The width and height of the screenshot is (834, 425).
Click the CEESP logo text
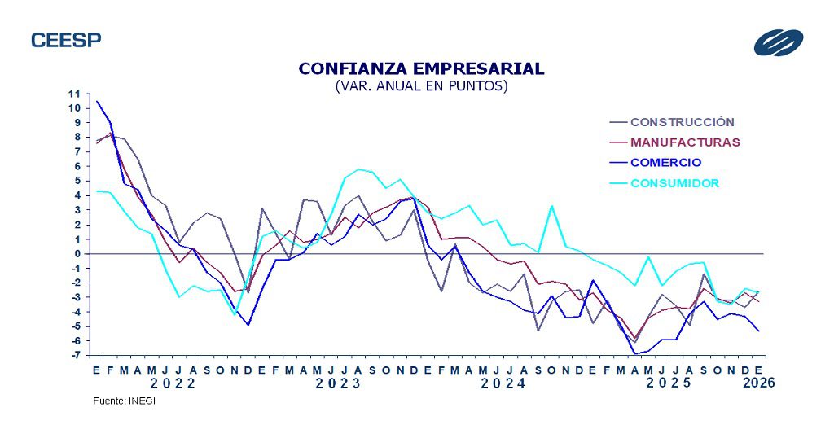pos(66,40)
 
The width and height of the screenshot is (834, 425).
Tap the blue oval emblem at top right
pos(778,42)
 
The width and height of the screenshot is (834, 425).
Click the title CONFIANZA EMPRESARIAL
pos(421,68)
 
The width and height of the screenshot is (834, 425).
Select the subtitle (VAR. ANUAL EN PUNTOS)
pos(421,85)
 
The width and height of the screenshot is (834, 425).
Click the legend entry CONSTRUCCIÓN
pos(682,122)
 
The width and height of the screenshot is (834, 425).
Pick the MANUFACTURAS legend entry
pos(685,142)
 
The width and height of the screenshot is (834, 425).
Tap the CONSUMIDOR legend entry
pos(674,183)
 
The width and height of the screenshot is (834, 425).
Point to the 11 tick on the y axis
pos(74,94)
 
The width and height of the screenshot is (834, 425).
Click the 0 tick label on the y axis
pos(77,254)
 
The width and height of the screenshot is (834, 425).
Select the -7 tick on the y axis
pos(74,356)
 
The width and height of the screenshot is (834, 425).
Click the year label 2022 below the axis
pos(172,383)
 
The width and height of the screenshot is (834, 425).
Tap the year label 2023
pos(338,383)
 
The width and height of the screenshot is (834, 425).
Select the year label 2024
pos(503,383)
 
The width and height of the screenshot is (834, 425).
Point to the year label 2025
pos(669,383)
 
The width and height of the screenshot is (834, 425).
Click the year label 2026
pos(758,383)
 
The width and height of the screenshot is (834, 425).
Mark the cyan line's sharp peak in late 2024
pos(552,206)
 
